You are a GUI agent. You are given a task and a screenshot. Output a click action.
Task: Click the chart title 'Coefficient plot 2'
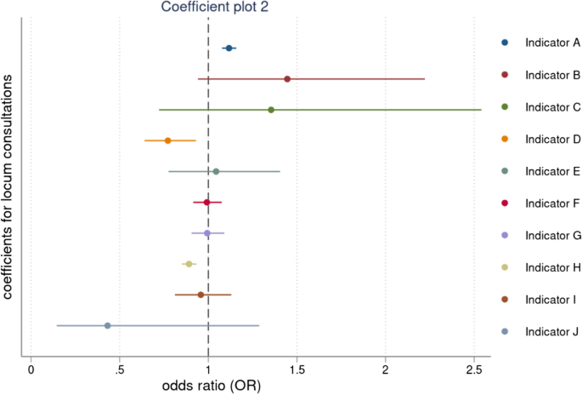click(x=216, y=8)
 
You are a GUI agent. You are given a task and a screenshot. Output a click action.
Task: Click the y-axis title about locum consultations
click(x=8, y=187)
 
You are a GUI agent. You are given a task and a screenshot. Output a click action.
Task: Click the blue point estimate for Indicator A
click(x=229, y=49)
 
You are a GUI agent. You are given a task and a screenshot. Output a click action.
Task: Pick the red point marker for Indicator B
click(x=287, y=79)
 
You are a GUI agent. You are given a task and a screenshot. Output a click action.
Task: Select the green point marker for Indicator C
click(x=271, y=110)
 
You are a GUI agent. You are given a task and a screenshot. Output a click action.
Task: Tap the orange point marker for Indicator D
click(x=167, y=140)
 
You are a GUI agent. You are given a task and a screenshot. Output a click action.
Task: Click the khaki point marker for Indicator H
click(x=189, y=264)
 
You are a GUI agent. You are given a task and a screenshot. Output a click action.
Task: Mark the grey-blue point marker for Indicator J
click(x=107, y=325)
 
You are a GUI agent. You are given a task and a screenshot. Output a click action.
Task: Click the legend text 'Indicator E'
click(x=552, y=171)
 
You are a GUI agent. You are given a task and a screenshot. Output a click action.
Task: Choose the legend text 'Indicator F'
click(x=552, y=203)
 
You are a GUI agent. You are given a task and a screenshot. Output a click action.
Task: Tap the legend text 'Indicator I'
click(x=551, y=300)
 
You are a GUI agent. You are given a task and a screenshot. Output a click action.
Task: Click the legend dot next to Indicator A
click(x=506, y=42)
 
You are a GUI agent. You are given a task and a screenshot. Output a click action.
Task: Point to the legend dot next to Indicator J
click(x=506, y=332)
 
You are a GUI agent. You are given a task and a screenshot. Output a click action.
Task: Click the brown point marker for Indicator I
click(x=201, y=295)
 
